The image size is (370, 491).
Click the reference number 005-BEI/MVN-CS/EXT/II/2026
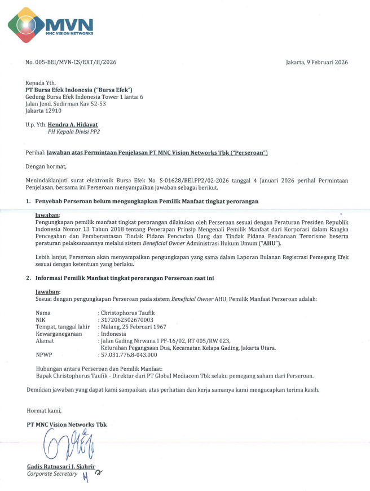[x=77, y=62]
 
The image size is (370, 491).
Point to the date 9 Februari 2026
[x=325, y=62]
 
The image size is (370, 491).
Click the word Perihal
[x=36, y=153]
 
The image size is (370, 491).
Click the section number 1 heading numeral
[x=29, y=201]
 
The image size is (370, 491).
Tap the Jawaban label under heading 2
[x=47, y=291]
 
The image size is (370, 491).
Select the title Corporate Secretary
[x=53, y=474]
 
